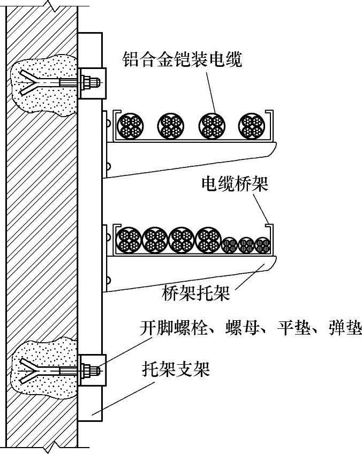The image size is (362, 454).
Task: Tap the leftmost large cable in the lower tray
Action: (x=129, y=240)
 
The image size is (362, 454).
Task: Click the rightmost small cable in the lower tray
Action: (x=262, y=245)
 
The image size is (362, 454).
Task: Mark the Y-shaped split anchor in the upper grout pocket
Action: (x=29, y=83)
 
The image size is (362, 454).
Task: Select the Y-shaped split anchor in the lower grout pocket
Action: (x=29, y=369)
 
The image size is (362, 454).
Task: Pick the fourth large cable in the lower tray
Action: (x=208, y=240)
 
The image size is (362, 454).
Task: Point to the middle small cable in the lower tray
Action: (x=246, y=245)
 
